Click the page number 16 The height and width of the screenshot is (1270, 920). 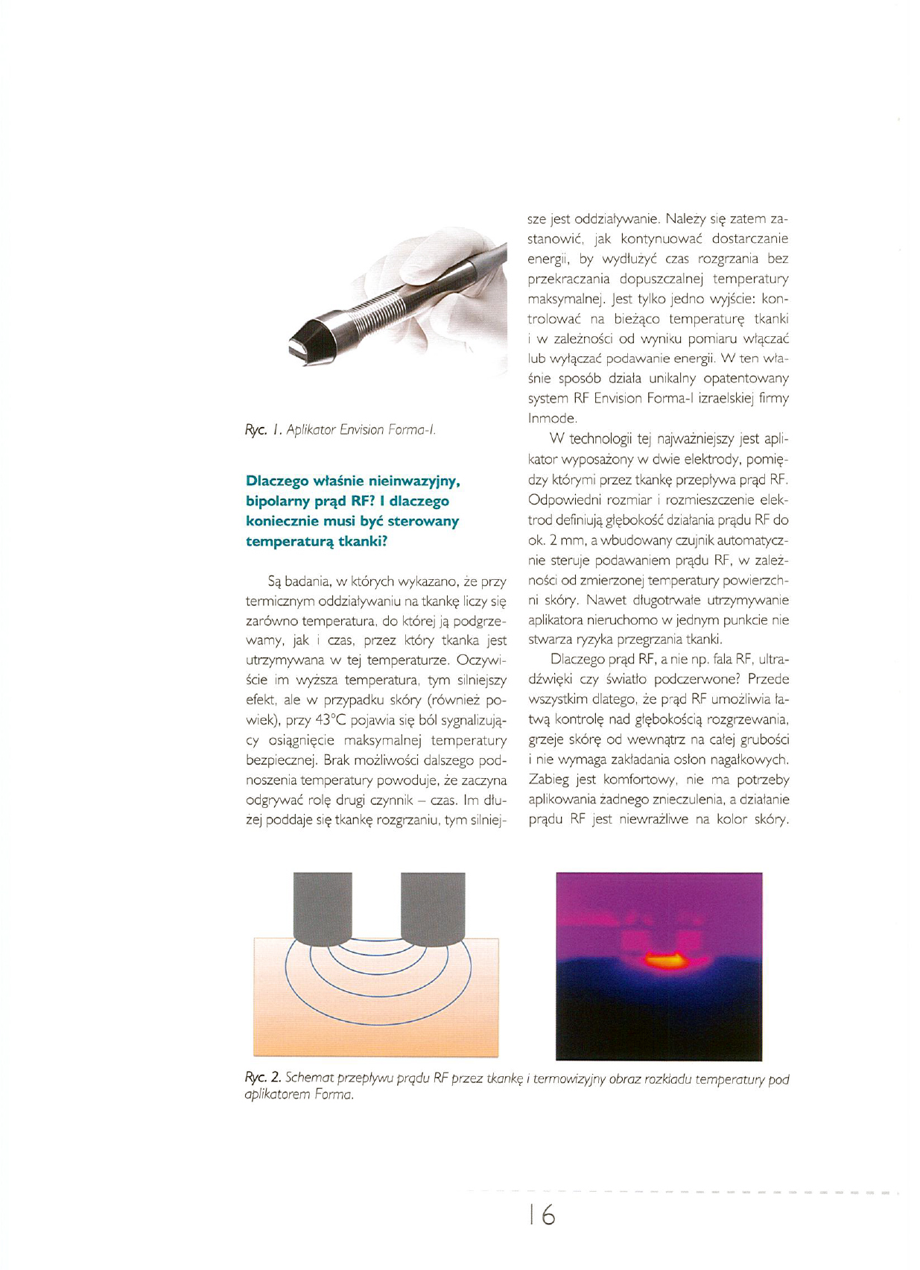tap(542, 1215)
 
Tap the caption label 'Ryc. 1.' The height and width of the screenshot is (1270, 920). tap(262, 430)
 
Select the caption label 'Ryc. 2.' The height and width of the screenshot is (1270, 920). tap(263, 1078)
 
